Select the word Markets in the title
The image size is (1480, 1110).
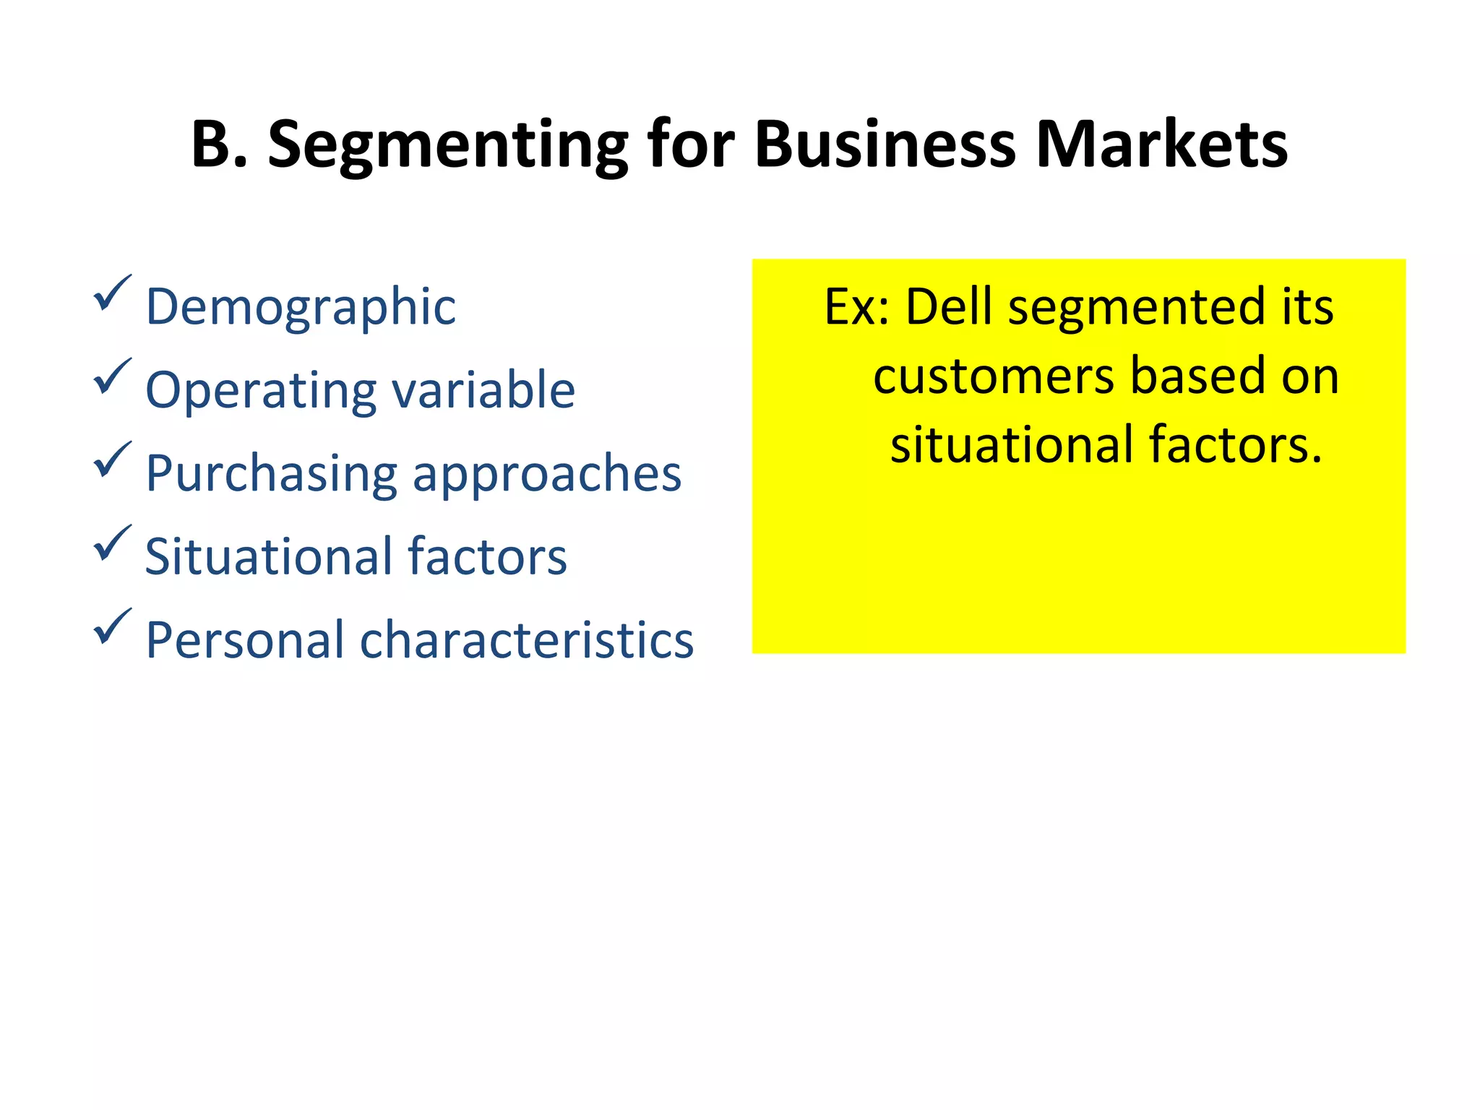[x=1161, y=145]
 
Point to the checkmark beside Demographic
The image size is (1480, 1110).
[x=112, y=293]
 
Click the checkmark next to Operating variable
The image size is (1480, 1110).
[x=112, y=377]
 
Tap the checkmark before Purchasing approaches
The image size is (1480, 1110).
[x=112, y=460]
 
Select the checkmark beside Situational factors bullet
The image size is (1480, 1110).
[x=112, y=543]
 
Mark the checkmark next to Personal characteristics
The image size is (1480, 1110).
[x=112, y=627]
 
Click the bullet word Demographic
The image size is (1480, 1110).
[x=301, y=308]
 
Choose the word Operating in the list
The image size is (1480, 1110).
[x=261, y=391]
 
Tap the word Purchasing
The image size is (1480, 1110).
[x=271, y=475]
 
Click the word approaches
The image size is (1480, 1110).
[x=547, y=475]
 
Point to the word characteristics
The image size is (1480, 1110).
[x=527, y=640]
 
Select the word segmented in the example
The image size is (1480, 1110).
[x=1137, y=308]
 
